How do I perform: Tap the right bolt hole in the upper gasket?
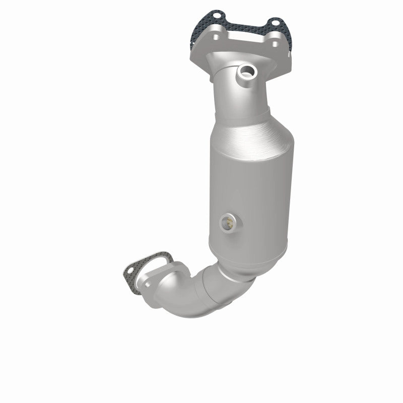tap(275, 23)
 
